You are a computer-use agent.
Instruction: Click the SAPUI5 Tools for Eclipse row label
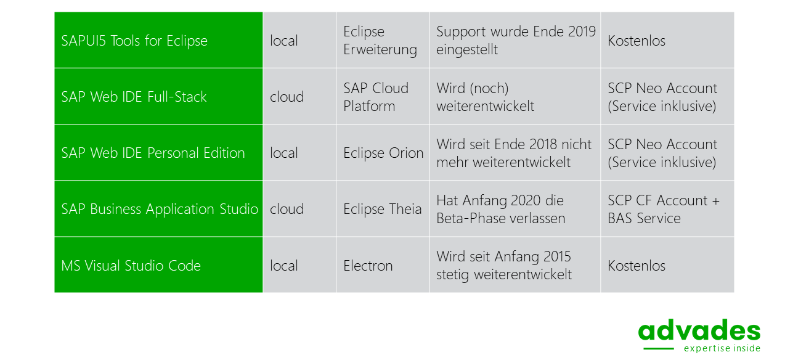(x=134, y=41)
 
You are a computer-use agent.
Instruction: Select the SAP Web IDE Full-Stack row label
(x=134, y=97)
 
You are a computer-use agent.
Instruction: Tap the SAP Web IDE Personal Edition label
(x=153, y=153)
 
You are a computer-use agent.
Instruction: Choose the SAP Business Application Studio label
(x=160, y=209)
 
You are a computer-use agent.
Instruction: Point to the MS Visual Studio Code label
(x=131, y=265)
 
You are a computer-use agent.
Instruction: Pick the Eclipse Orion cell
(x=383, y=153)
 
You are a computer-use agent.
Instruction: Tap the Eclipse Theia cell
(x=383, y=209)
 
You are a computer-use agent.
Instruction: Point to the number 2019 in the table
(x=582, y=31)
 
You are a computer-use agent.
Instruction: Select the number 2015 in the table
(x=557, y=256)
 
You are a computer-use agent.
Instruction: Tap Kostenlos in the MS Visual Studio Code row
(x=637, y=266)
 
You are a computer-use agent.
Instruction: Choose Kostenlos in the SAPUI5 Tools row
(x=637, y=41)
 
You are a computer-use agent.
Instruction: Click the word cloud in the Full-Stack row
(x=287, y=97)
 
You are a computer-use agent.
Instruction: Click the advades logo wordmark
(x=699, y=330)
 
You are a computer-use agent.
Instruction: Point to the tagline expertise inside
(x=722, y=348)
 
